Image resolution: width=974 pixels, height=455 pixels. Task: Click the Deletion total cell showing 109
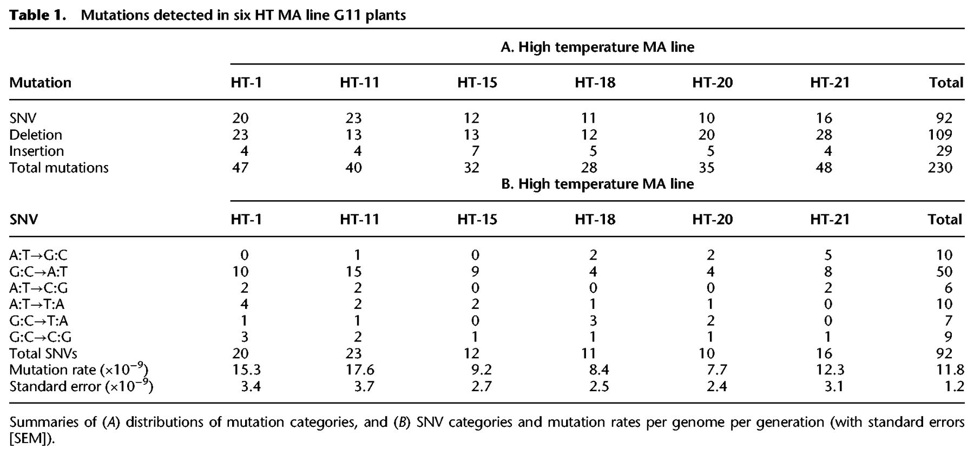940,135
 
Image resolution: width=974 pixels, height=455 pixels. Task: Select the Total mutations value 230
940,168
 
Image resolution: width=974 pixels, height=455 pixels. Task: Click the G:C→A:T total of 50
944,272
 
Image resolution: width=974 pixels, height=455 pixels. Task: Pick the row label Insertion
37,151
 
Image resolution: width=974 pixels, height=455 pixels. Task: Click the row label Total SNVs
43,353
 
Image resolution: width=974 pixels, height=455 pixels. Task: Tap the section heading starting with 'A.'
597,47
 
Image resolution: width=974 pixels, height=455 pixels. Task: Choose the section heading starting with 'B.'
597,184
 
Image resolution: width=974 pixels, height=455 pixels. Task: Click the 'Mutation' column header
41,82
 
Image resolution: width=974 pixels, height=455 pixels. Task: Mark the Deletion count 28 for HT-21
824,135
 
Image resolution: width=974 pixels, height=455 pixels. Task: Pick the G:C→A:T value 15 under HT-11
353,272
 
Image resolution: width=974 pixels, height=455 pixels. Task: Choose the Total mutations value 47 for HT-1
240,168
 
